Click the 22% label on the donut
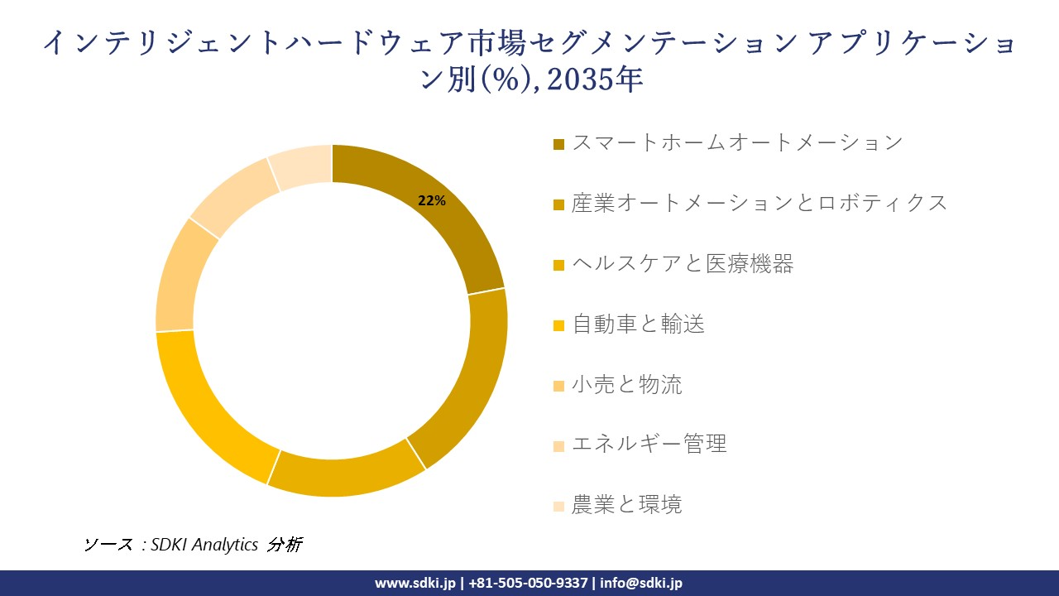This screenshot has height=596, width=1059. pos(432,201)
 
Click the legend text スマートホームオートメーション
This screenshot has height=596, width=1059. pos(736,142)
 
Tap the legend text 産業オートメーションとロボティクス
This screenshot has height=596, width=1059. pos(760,203)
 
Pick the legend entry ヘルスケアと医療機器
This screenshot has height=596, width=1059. pos(683,264)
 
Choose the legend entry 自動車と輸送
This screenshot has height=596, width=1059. pos(638,324)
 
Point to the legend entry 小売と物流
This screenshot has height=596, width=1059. pos(626,385)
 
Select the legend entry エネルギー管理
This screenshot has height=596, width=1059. pos(649,445)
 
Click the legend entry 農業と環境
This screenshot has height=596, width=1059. pos(626,505)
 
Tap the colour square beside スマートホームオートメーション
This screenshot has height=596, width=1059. pos(559,144)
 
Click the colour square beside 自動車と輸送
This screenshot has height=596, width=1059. pos(559,325)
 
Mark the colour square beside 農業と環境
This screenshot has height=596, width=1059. pos(559,506)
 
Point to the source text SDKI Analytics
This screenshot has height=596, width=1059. pos(204,545)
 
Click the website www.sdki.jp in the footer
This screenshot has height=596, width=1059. pos(415,583)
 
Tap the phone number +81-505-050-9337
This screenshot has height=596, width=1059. pos(529,583)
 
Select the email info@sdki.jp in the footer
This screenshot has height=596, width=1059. pos(641,583)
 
